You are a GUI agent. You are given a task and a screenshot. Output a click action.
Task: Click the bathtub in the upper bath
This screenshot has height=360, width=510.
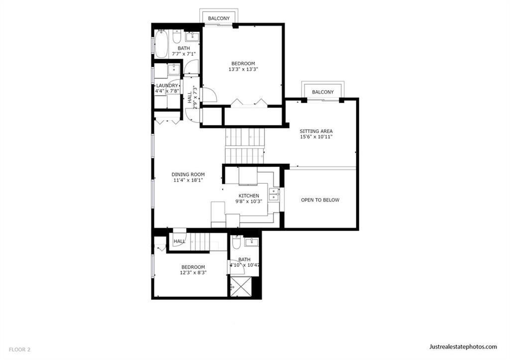[161, 44]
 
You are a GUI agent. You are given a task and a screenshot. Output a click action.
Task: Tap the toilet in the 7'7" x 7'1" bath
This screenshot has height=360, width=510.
[177, 36]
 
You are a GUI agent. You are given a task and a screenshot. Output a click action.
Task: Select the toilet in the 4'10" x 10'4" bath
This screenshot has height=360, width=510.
[236, 242]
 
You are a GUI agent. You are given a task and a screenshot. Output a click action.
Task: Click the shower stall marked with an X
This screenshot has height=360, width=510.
[241, 286]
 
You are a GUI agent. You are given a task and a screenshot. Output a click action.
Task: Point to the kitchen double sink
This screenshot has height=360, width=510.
[274, 194]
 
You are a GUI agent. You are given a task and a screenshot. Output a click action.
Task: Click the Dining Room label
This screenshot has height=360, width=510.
[188, 174]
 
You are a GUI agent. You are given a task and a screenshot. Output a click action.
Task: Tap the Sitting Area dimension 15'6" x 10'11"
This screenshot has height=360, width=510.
[316, 137]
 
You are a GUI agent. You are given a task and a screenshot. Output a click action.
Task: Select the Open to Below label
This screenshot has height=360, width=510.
[320, 200]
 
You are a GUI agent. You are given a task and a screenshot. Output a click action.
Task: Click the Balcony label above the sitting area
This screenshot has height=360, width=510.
[323, 92]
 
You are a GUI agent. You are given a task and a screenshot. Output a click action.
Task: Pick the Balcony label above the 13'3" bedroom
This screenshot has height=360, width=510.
[219, 18]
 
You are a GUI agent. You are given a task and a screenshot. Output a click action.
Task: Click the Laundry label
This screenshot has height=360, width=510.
[167, 86]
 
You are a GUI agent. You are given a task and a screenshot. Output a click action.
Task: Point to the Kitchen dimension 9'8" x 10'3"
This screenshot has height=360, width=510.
[249, 201]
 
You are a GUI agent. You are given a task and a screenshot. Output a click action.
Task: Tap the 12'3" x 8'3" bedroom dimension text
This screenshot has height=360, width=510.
[193, 272]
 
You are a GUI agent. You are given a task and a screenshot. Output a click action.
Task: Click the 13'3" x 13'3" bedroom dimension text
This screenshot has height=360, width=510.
[243, 69]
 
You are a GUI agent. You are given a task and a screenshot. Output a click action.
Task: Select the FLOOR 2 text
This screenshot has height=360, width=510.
[19, 350]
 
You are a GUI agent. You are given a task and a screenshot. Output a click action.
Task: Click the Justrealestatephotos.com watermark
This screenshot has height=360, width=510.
[463, 347]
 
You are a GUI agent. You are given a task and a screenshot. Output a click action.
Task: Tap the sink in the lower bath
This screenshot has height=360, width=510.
[252, 242]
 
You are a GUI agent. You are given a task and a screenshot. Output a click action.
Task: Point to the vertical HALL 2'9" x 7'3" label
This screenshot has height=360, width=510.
[192, 97]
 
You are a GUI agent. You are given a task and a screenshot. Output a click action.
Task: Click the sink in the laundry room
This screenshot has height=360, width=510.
[174, 69]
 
